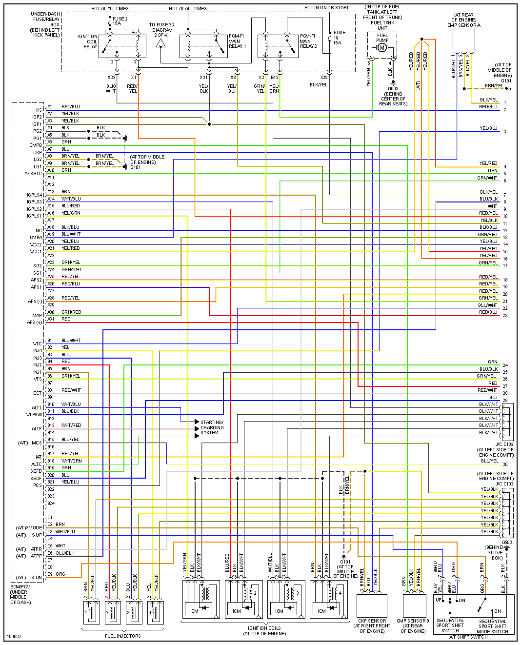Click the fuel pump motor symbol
click(x=382, y=47)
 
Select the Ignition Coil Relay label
click(x=88, y=41)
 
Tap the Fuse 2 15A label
click(x=120, y=21)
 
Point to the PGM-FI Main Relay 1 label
click(x=237, y=41)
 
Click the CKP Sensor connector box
click(x=372, y=605)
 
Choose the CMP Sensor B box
click(x=414, y=605)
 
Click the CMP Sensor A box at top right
click(x=463, y=40)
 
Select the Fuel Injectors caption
click(x=123, y=636)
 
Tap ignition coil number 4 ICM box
click(x=322, y=610)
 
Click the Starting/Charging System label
click(x=212, y=427)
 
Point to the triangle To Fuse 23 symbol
click(x=160, y=44)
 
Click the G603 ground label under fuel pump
click(x=393, y=89)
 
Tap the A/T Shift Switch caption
click(x=468, y=637)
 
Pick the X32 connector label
click(x=112, y=77)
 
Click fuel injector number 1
click(x=91, y=612)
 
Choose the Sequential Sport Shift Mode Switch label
click(x=492, y=626)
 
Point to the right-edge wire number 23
click(x=505, y=316)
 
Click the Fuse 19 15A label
click(x=339, y=38)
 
